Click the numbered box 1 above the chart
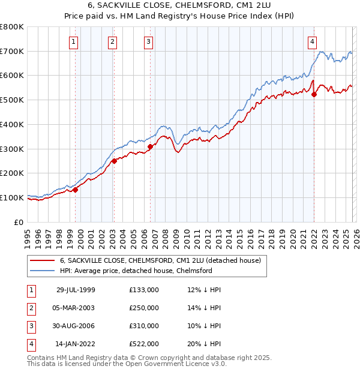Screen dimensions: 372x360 tap(73, 41)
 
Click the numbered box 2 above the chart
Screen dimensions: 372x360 tap(112, 41)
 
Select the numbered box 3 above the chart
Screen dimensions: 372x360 tap(148, 41)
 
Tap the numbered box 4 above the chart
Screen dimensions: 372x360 tap(313, 41)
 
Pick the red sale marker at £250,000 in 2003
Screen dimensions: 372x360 tap(114, 161)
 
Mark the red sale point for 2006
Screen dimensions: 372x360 tap(151, 146)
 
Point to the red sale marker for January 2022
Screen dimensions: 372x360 tap(314, 94)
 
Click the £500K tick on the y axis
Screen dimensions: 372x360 tap(12, 100)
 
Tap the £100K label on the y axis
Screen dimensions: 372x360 tap(12, 197)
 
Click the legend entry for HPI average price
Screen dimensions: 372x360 tap(136, 271)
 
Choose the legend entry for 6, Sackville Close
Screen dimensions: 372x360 tap(160, 261)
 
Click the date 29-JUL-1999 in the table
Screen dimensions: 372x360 tap(76, 290)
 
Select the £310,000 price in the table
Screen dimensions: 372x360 tap(144, 326)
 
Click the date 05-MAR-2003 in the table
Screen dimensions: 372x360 tap(75, 308)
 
